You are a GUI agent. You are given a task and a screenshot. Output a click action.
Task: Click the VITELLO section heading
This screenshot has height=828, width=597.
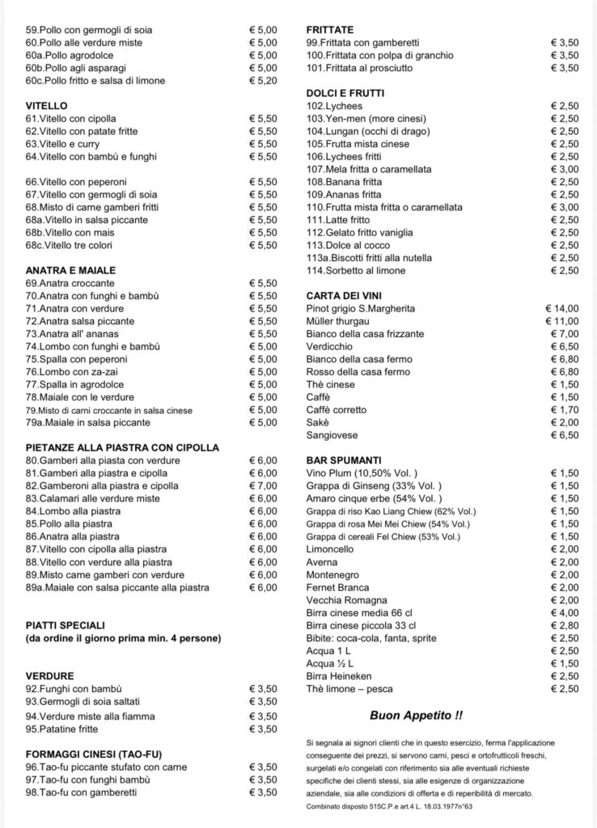[46, 105]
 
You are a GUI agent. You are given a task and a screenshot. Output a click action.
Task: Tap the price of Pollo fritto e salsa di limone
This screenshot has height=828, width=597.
[262, 81]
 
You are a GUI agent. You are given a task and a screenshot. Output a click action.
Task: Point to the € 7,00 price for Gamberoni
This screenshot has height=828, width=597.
[262, 485]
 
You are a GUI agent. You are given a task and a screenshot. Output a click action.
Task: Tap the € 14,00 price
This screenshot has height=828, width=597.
[562, 308]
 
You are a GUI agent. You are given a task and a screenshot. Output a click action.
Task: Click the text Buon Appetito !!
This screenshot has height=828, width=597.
[417, 716]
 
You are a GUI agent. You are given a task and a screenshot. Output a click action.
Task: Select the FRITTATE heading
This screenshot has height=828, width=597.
[330, 30]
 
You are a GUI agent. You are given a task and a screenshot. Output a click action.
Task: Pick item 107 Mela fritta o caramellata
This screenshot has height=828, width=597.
[369, 169]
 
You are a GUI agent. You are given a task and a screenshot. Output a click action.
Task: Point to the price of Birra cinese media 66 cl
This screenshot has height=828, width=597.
[564, 612]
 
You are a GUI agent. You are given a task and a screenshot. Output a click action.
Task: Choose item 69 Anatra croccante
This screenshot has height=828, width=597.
[70, 283]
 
